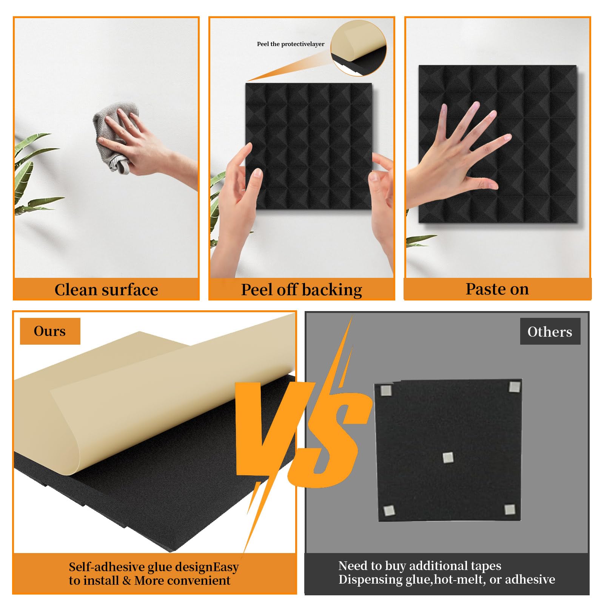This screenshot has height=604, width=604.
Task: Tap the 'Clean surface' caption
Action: tap(106, 290)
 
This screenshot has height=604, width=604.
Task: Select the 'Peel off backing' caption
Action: tap(301, 290)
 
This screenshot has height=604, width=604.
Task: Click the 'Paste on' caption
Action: tap(497, 289)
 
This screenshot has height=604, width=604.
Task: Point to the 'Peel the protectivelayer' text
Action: tap(290, 44)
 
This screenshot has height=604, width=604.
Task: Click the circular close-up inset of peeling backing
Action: tap(358, 48)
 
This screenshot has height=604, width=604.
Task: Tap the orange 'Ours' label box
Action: tap(50, 331)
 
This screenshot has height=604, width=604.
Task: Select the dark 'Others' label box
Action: tap(550, 331)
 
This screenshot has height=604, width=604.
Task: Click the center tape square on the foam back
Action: tap(448, 458)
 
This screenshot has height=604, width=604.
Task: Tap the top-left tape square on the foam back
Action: tap(386, 390)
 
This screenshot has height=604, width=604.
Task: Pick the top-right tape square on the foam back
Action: tap(514, 387)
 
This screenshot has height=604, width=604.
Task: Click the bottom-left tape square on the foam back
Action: tap(389, 511)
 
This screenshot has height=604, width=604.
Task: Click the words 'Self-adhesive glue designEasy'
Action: tap(153, 567)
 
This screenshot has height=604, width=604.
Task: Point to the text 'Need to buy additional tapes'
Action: tap(419, 565)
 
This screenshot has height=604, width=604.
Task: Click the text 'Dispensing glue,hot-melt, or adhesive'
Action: tap(446, 579)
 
